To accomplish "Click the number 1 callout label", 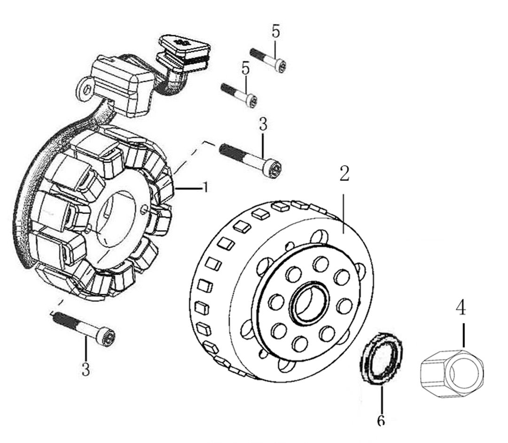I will point(205,187).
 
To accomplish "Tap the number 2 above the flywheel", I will point(344,173).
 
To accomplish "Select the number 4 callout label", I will point(461,308).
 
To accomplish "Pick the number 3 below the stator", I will point(86,369).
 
